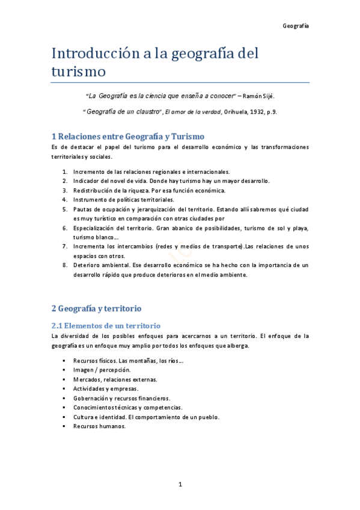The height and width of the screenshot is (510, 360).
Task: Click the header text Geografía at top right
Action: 296,26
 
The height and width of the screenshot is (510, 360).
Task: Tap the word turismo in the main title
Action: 78,72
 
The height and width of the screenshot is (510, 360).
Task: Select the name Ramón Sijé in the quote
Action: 260,96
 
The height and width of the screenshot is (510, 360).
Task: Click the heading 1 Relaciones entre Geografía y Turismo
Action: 128,137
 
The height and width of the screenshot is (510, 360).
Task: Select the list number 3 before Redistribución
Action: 64,190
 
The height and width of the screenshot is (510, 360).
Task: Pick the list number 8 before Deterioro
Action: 64,265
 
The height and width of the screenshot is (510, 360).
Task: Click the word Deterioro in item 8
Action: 87,265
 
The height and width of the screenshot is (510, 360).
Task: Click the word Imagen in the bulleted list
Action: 83,370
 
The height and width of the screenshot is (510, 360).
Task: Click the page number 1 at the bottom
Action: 180,484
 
